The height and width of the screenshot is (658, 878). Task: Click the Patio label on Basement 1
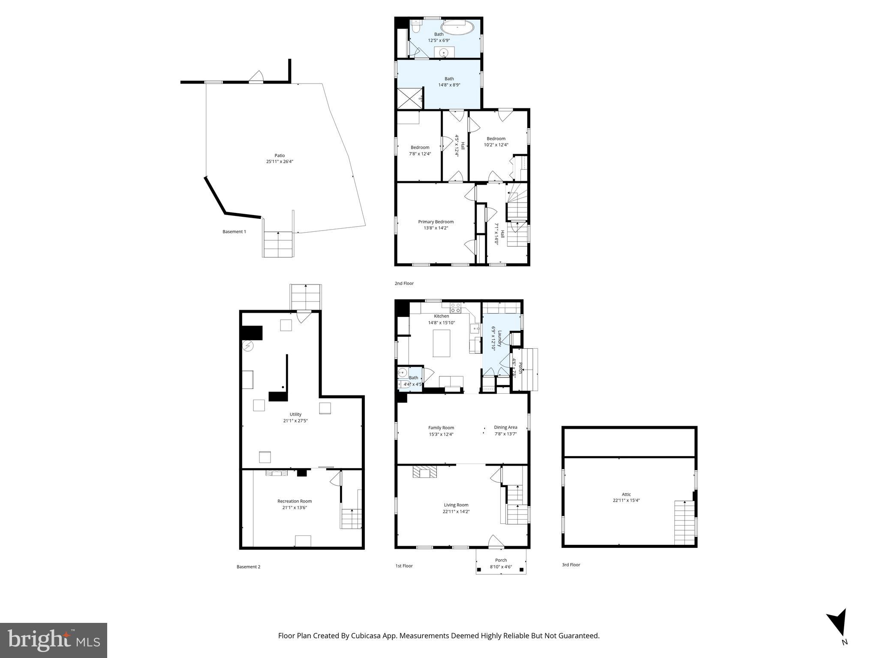(280, 156)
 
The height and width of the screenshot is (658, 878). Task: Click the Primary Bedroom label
(436, 222)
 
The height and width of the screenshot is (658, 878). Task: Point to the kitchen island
(441, 343)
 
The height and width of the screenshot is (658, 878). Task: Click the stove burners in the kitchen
(455, 308)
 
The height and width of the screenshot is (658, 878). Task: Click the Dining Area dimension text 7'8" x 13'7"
(505, 434)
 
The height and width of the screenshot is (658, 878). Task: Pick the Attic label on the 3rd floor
(626, 494)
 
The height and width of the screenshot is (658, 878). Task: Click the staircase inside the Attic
(684, 522)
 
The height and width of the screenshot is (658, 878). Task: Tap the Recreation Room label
(295, 501)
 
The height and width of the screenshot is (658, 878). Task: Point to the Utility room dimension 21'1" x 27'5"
(295, 421)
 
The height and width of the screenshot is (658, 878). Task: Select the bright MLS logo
(54, 640)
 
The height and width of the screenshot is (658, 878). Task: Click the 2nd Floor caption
(404, 284)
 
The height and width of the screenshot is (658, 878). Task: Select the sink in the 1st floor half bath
(403, 373)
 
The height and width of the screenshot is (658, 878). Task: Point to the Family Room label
(441, 428)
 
